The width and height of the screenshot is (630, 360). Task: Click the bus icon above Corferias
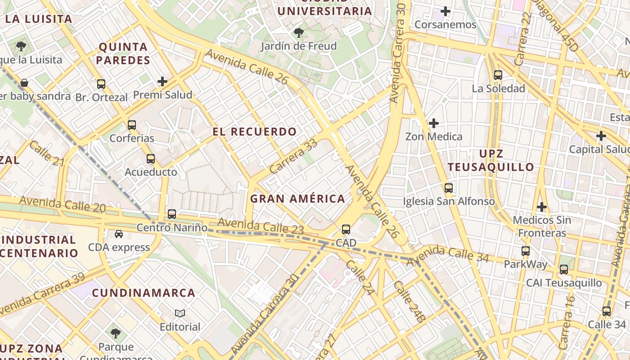132,125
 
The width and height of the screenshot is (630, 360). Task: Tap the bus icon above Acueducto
151,159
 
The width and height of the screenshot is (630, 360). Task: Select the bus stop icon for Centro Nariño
172,214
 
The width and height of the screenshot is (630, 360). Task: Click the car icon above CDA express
119,234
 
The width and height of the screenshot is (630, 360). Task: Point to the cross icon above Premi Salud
162,81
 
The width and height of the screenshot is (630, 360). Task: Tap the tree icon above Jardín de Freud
298,32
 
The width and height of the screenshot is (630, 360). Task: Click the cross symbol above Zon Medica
434,123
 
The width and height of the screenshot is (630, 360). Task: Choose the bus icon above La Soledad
498,75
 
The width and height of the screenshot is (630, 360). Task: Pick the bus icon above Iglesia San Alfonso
449,188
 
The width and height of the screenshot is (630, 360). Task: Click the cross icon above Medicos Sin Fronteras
542,207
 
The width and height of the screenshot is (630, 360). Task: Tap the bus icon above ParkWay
526,251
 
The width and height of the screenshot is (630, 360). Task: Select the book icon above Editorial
180,313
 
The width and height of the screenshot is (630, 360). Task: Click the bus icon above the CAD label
346,229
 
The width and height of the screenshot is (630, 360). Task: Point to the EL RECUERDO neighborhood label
255,132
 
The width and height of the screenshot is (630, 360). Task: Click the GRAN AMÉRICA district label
297,198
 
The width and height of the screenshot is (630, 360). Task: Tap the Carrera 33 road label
294,157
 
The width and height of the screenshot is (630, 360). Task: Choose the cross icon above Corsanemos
445,11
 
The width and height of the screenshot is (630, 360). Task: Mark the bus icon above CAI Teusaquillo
564,270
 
